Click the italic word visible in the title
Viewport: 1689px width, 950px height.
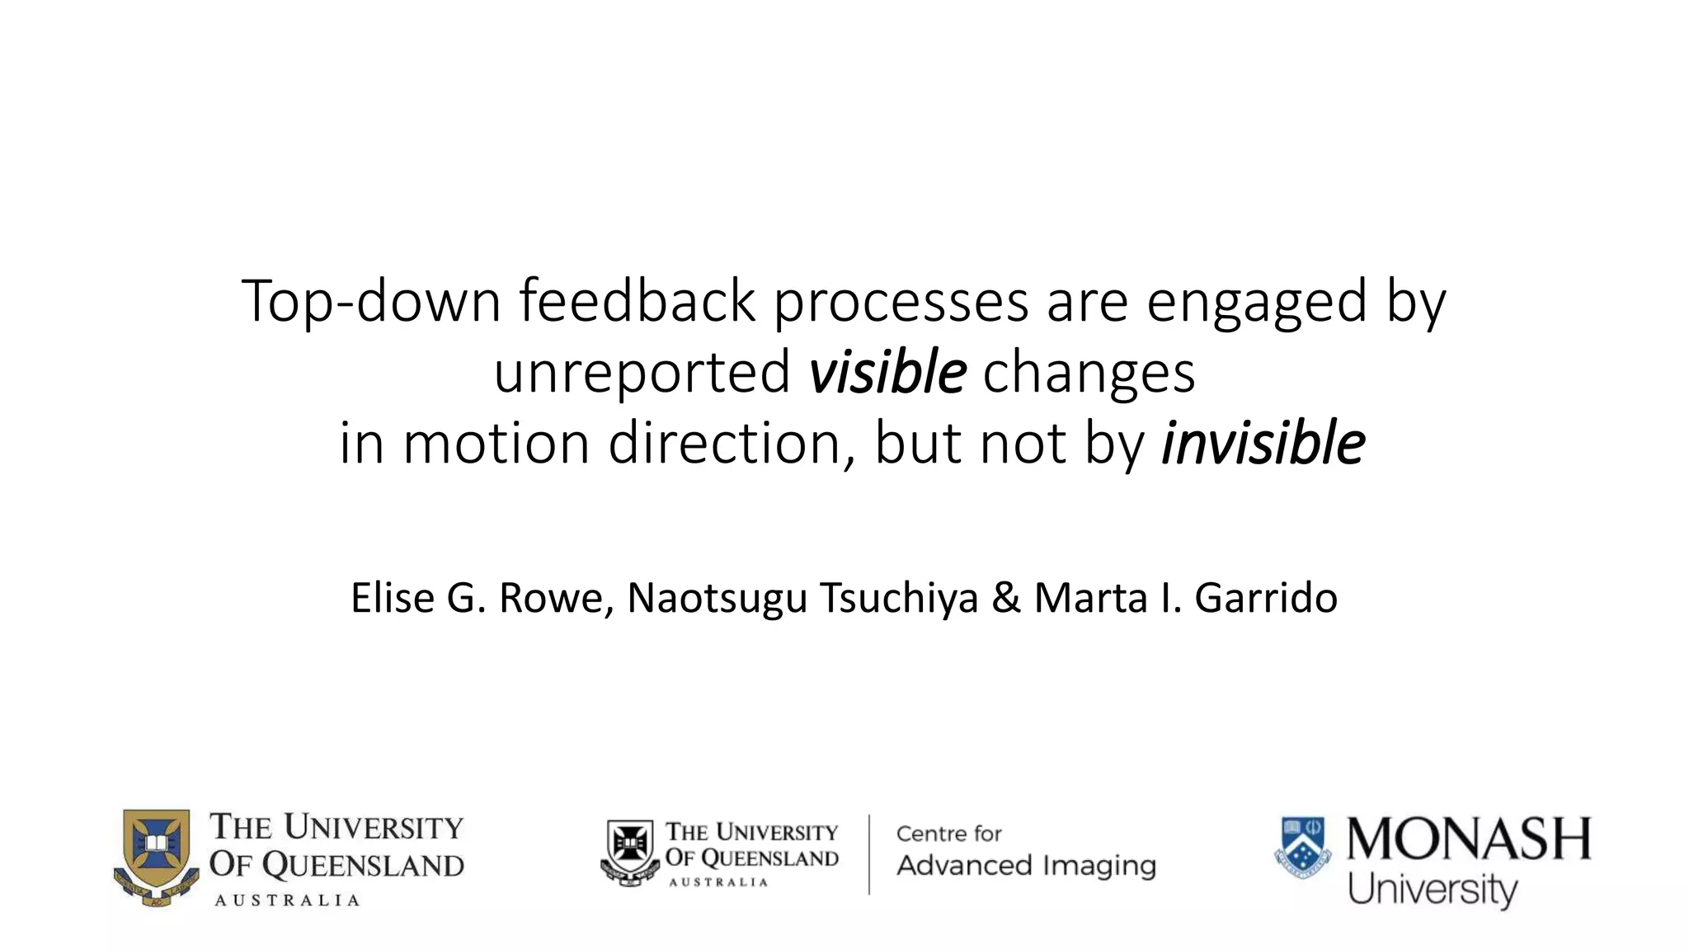coord(887,373)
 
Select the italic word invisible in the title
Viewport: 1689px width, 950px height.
coord(1263,444)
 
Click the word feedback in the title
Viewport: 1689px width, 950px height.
coord(637,301)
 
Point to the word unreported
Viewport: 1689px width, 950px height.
coord(642,373)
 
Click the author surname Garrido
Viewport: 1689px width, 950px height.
coord(1266,598)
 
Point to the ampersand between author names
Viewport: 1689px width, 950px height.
coord(1005,598)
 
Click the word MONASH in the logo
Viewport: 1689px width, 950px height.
coord(1469,839)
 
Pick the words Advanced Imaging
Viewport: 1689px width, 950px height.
coord(1026,866)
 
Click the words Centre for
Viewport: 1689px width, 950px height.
coord(948,834)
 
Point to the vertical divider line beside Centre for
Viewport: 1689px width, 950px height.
coord(869,854)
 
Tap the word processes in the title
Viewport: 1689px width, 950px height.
coord(901,301)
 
